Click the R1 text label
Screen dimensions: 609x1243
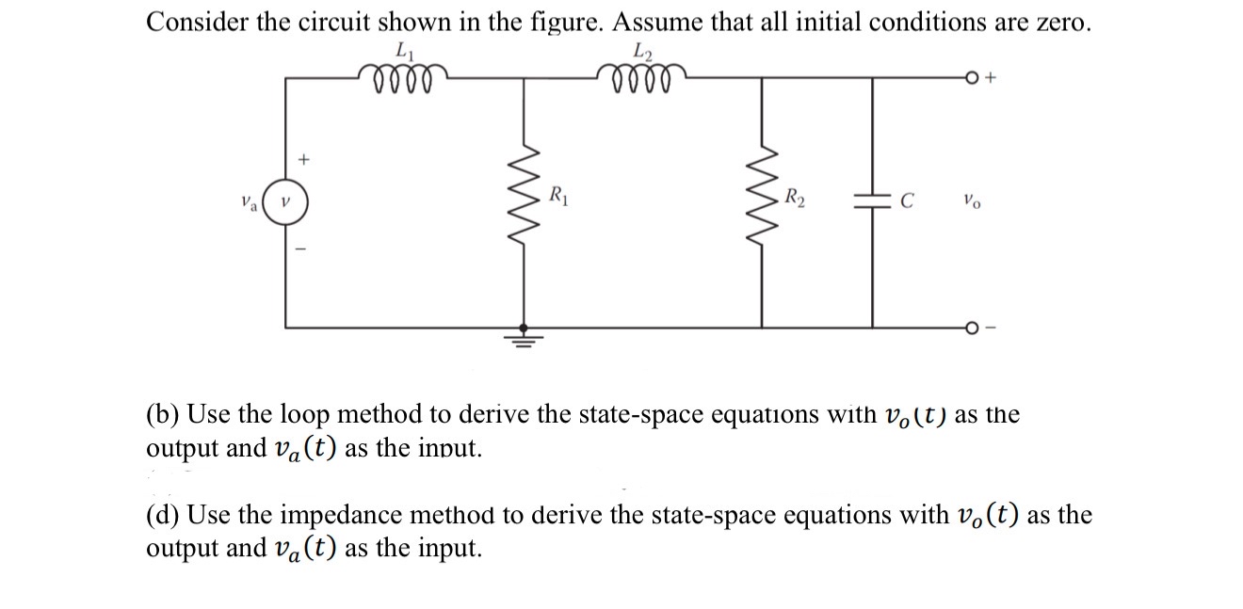click(558, 198)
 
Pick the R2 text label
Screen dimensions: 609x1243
click(796, 199)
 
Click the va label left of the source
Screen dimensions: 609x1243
click(248, 200)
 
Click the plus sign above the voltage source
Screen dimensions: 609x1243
click(304, 160)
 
